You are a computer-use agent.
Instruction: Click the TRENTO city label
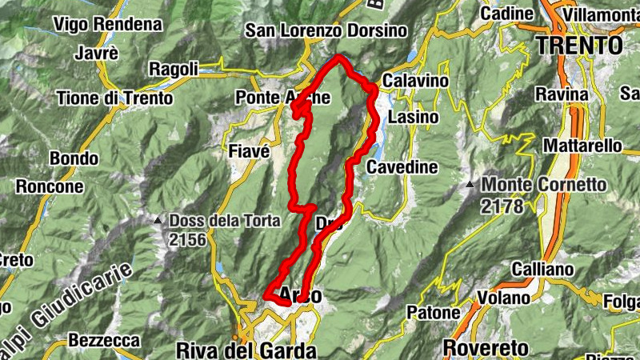pyautogui.click(x=580, y=45)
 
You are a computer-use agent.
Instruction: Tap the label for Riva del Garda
pyautogui.click(x=246, y=350)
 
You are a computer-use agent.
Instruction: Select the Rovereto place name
pyautogui.click(x=486, y=348)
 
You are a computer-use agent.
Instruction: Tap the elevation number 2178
pyautogui.click(x=502, y=206)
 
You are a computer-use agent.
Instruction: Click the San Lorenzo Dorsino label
pyautogui.click(x=326, y=30)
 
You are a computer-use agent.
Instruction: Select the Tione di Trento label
pyautogui.click(x=114, y=98)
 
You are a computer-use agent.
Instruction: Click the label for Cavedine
pyautogui.click(x=402, y=167)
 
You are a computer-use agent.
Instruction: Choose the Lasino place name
pyautogui.click(x=413, y=118)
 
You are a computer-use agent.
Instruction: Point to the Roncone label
pyautogui.click(x=49, y=186)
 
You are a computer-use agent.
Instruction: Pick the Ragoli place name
pyautogui.click(x=173, y=70)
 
